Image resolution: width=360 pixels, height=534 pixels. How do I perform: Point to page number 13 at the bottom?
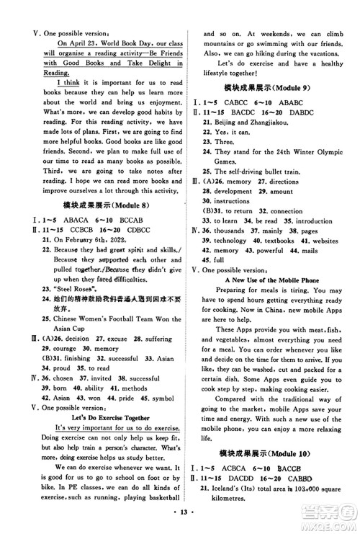180,521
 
